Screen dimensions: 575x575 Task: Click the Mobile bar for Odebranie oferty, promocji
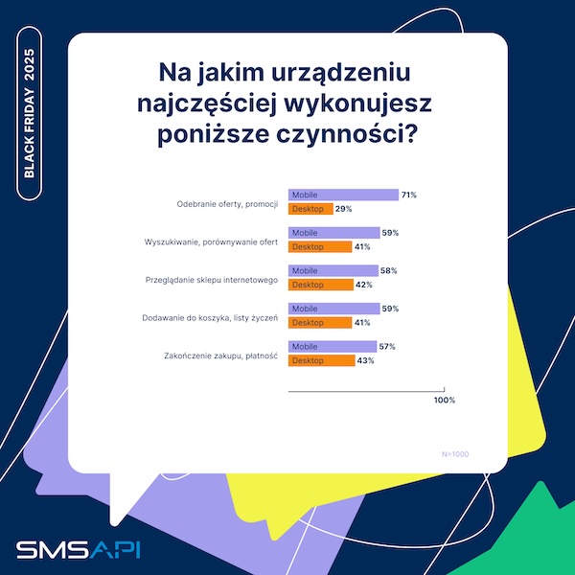coord(343,195)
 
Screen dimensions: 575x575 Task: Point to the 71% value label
coord(408,195)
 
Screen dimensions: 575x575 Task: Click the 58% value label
coord(388,271)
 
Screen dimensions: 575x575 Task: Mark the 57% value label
coord(386,347)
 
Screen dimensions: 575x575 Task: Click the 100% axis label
coord(445,400)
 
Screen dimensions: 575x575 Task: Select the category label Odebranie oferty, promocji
coord(228,202)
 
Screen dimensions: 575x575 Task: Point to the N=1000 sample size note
coord(454,453)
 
